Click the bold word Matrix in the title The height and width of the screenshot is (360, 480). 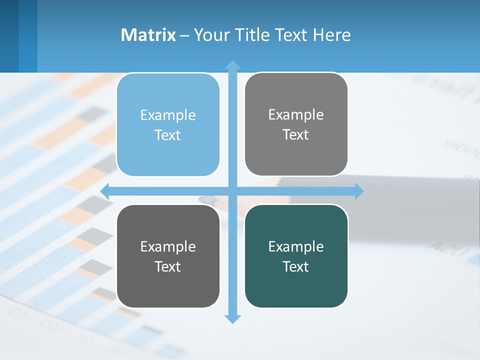[x=148, y=35]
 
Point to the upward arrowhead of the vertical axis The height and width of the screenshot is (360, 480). [x=232, y=64]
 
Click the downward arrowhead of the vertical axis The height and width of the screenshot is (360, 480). [x=232, y=319]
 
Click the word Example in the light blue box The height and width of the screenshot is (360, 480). [x=168, y=115]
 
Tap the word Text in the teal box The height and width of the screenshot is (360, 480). [x=296, y=267]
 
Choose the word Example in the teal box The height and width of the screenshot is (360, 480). [x=296, y=247]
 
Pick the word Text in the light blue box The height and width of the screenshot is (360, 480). [x=168, y=135]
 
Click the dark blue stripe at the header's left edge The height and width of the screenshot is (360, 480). [x=9, y=36]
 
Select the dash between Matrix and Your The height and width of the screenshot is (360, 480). [x=184, y=36]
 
